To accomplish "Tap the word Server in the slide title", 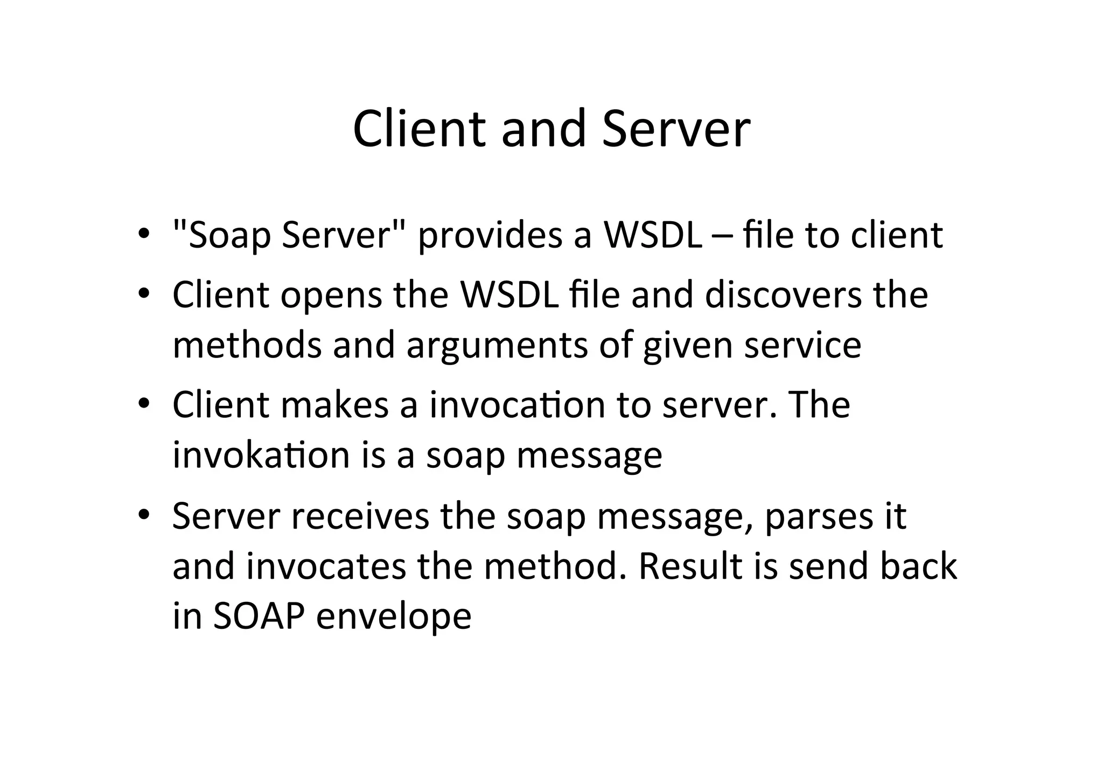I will (x=676, y=129).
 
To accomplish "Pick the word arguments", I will (x=497, y=346).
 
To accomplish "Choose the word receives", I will (x=360, y=516).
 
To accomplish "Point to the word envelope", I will (x=394, y=617).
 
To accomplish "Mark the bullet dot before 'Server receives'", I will (x=143, y=515).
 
